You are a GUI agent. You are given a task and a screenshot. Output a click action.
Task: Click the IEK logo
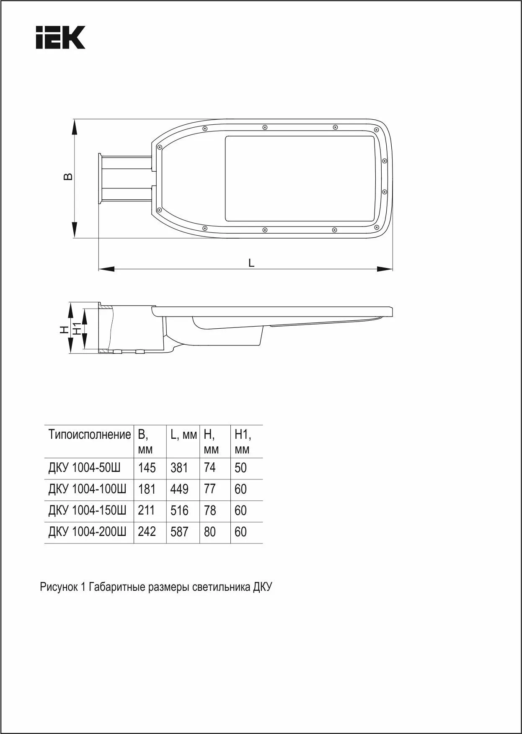click(x=60, y=37)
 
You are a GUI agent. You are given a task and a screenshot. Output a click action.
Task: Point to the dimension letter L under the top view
click(x=251, y=263)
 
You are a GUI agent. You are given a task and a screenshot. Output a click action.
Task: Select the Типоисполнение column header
click(x=90, y=435)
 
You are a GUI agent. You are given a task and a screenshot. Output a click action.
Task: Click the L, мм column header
click(x=183, y=435)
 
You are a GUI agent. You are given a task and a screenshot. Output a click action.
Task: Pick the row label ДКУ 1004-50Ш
click(x=85, y=467)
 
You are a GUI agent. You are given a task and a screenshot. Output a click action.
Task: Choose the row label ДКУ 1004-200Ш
click(x=88, y=532)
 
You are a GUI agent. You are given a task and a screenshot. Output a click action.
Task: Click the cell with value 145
click(x=147, y=468)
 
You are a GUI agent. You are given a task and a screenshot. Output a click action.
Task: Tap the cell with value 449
click(x=179, y=489)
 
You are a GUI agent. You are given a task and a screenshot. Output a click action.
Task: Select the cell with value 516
click(x=179, y=510)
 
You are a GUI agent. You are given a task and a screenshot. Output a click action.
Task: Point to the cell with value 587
click(x=179, y=532)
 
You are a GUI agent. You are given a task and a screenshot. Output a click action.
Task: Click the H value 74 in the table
click(x=209, y=468)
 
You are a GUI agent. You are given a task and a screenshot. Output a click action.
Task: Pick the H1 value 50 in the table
click(x=240, y=468)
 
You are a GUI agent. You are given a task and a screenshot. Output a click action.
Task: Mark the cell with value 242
click(x=147, y=532)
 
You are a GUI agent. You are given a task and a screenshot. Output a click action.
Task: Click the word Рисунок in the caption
click(x=58, y=587)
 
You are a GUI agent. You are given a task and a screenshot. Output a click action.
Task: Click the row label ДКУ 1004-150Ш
click(x=88, y=510)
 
